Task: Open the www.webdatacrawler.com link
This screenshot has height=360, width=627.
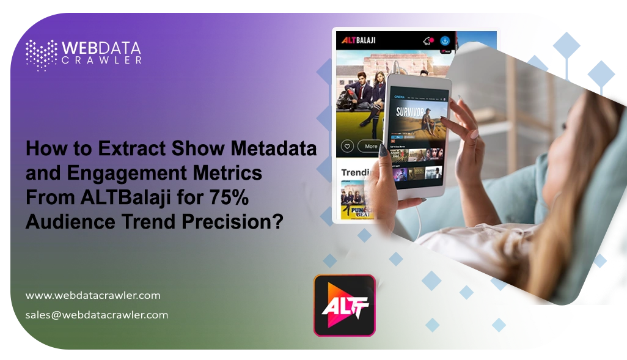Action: pyautogui.click(x=93, y=295)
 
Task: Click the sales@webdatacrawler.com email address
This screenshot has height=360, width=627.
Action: pyautogui.click(x=97, y=315)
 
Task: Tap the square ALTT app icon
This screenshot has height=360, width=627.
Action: pyautogui.click(x=344, y=304)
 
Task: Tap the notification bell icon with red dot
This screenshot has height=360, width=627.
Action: pyautogui.click(x=428, y=41)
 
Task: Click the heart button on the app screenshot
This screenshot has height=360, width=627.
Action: pyautogui.click(x=347, y=147)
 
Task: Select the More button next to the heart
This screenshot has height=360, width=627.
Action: pyautogui.click(x=370, y=147)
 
